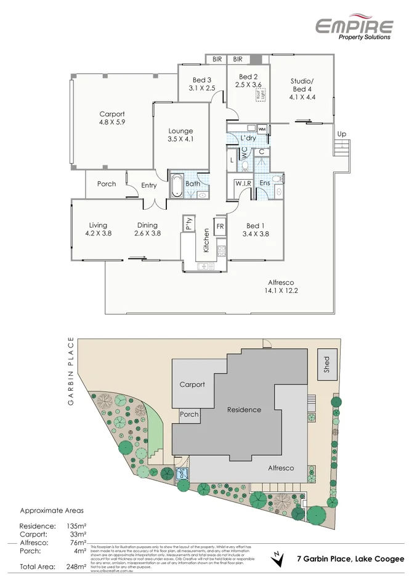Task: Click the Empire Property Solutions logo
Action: click(x=353, y=27)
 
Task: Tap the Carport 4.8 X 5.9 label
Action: click(x=112, y=118)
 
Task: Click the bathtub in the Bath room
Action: click(x=176, y=185)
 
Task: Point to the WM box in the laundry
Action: click(x=262, y=130)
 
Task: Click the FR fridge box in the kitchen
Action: click(x=220, y=226)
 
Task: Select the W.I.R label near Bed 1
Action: click(x=241, y=183)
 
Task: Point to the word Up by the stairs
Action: click(x=342, y=134)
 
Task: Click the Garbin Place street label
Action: click(x=71, y=371)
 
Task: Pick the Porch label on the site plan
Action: click(x=189, y=414)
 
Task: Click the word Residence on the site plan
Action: click(x=244, y=410)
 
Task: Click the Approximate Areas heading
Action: click(x=52, y=511)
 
